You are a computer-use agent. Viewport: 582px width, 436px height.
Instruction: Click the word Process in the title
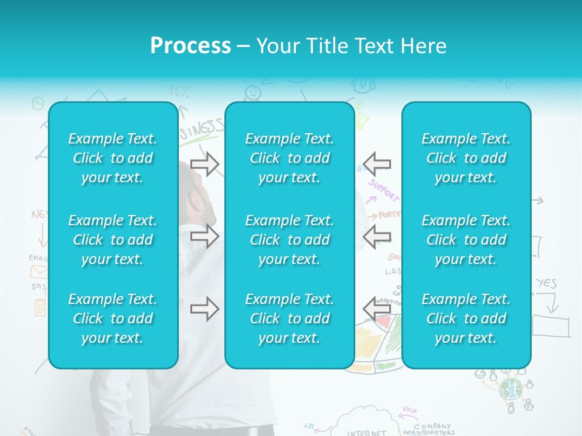(190, 45)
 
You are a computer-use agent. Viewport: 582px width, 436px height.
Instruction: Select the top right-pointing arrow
(204, 163)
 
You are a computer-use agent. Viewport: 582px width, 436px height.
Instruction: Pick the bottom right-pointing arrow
(204, 309)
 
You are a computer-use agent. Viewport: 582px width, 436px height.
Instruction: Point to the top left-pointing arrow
(377, 163)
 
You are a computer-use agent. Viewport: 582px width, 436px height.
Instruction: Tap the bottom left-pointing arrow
(377, 309)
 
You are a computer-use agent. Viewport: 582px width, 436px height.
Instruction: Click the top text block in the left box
(113, 158)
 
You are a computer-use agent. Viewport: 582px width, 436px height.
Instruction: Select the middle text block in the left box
(113, 240)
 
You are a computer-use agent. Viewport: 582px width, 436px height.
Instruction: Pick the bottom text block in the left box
(113, 319)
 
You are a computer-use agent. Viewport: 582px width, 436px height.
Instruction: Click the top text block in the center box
(289, 158)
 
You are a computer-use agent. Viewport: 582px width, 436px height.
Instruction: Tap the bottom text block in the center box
(289, 319)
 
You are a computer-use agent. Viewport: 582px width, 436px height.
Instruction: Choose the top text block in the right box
(466, 158)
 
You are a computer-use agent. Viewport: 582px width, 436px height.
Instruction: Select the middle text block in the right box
(466, 240)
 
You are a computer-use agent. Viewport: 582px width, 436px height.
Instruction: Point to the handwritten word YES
(546, 283)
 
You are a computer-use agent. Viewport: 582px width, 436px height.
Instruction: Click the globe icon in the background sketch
(510, 389)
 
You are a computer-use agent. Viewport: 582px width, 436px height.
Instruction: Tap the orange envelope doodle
(39, 271)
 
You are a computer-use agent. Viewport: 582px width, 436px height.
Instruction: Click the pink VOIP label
(410, 411)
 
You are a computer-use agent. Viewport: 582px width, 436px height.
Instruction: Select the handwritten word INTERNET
(366, 432)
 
